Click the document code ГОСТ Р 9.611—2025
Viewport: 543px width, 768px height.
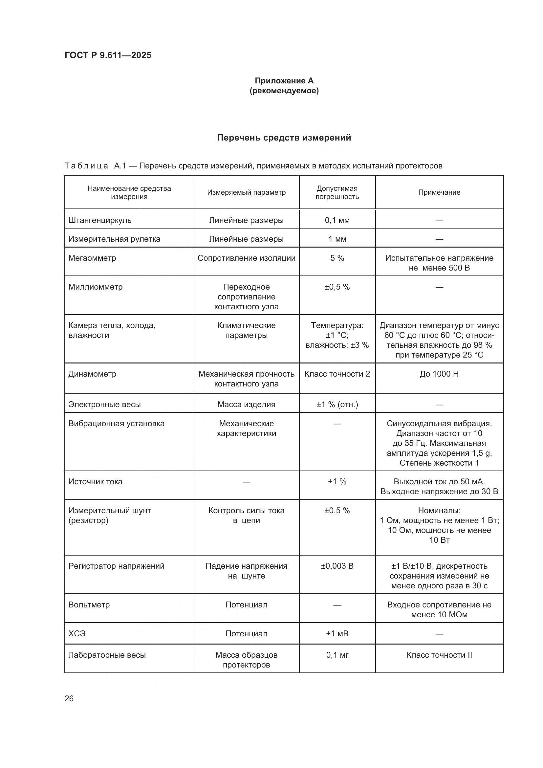point(108,55)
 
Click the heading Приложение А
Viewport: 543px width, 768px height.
point(284,81)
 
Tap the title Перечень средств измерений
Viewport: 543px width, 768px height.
point(284,138)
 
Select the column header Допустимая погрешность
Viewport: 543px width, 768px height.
point(337,192)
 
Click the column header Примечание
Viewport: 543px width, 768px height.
point(439,192)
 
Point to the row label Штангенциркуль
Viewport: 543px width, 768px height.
point(100,220)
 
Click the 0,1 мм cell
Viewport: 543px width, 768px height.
point(337,220)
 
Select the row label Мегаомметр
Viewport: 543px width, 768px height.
point(92,258)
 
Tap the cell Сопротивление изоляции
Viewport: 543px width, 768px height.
point(247,258)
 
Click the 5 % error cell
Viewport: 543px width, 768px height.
point(337,258)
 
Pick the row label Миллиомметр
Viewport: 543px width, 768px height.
point(96,287)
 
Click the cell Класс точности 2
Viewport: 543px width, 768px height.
point(337,374)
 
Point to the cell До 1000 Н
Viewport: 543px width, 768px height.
point(439,374)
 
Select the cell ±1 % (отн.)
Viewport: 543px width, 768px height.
point(337,405)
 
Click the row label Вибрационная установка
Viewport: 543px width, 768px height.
point(116,424)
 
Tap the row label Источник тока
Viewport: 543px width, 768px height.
point(95,482)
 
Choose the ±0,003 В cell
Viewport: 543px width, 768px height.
point(337,566)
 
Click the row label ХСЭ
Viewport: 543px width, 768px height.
point(77,633)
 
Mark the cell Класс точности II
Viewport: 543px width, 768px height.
point(439,655)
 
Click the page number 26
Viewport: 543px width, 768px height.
point(69,698)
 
